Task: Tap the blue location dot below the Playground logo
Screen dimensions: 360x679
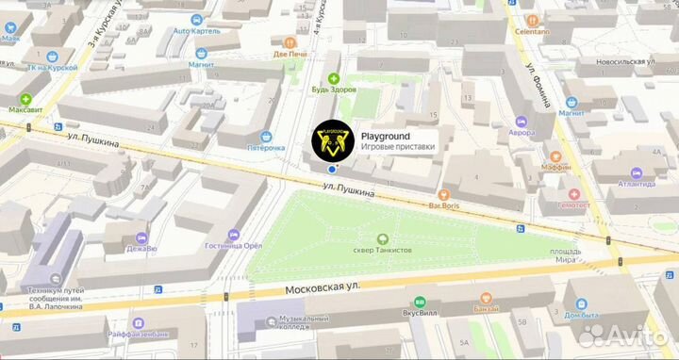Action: [x=333, y=170]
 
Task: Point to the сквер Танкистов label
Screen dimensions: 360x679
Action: [x=383, y=251]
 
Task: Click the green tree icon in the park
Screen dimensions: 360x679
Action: [x=383, y=238]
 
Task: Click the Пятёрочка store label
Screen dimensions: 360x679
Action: [x=266, y=148]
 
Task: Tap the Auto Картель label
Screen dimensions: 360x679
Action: [x=196, y=31]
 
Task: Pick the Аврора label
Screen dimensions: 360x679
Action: [x=522, y=133]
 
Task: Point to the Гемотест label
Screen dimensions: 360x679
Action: [x=573, y=205]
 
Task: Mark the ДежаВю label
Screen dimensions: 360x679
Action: [x=141, y=249]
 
